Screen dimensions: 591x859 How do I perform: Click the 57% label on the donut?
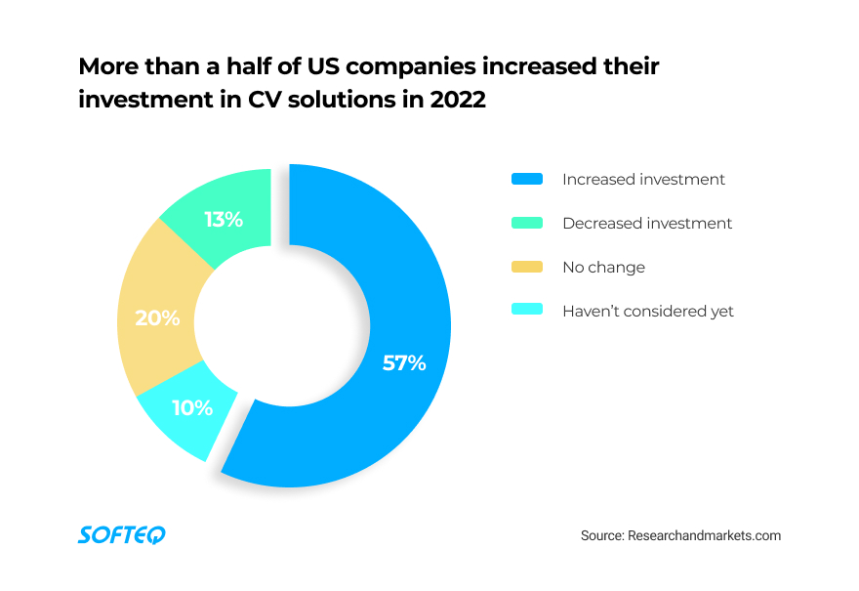[404, 363]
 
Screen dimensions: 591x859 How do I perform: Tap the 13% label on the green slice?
[224, 220]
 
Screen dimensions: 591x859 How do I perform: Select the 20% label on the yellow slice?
[157, 317]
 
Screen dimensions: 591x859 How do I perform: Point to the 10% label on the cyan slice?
[192, 408]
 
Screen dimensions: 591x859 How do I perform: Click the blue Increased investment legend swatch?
[527, 180]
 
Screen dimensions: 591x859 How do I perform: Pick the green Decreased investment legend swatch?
[527, 224]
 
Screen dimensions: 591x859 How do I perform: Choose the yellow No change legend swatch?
[527, 268]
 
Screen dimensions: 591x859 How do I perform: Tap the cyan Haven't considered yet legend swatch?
[527, 312]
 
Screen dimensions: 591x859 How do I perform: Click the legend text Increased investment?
[643, 180]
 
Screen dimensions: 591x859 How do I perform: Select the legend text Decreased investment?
[647, 224]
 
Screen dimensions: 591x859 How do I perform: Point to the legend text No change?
[603, 268]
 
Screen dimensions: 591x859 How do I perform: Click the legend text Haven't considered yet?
[648, 312]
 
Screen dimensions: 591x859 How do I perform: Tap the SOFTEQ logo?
[122, 534]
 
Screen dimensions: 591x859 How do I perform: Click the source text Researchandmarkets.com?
[704, 536]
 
